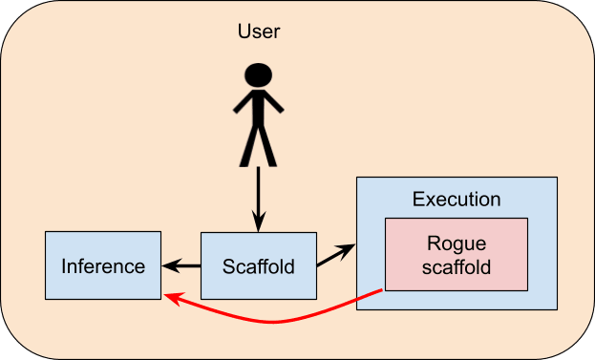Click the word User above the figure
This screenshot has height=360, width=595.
click(259, 32)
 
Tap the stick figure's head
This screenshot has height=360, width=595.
click(259, 74)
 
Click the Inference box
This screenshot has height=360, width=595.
click(103, 265)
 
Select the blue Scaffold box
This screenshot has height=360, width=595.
click(259, 265)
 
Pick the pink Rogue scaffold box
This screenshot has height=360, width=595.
click(457, 255)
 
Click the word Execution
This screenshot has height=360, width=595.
click(457, 200)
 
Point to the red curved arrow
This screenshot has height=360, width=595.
click(271, 323)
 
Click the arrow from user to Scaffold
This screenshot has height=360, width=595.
click(259, 200)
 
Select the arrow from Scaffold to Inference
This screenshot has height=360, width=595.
click(181, 265)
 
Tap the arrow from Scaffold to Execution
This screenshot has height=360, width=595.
click(336, 255)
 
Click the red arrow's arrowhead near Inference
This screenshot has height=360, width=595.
click(173, 298)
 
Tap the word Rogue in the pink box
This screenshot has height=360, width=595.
click(457, 244)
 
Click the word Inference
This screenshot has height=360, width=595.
click(103, 265)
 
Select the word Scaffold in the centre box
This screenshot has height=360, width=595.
click(259, 266)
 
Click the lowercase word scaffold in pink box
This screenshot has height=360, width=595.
click(457, 266)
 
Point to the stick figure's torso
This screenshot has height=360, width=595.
click(259, 108)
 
